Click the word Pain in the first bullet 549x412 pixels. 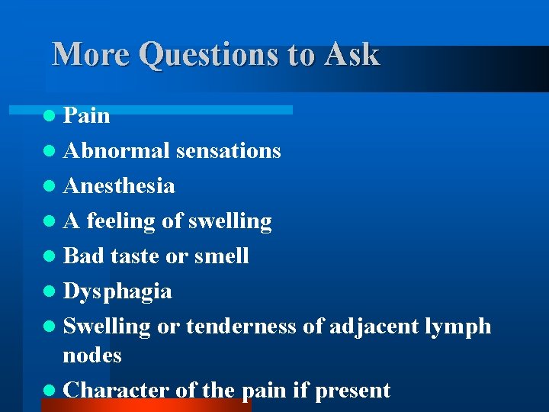(86, 116)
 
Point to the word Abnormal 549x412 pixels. (117, 151)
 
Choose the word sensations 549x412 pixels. (228, 151)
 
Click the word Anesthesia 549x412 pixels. (119, 186)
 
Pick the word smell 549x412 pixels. (221, 256)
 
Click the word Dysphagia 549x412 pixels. (117, 291)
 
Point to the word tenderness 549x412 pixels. (241, 327)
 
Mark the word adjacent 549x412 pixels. (374, 327)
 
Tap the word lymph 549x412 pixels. (457, 327)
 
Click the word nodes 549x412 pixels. (92, 356)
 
